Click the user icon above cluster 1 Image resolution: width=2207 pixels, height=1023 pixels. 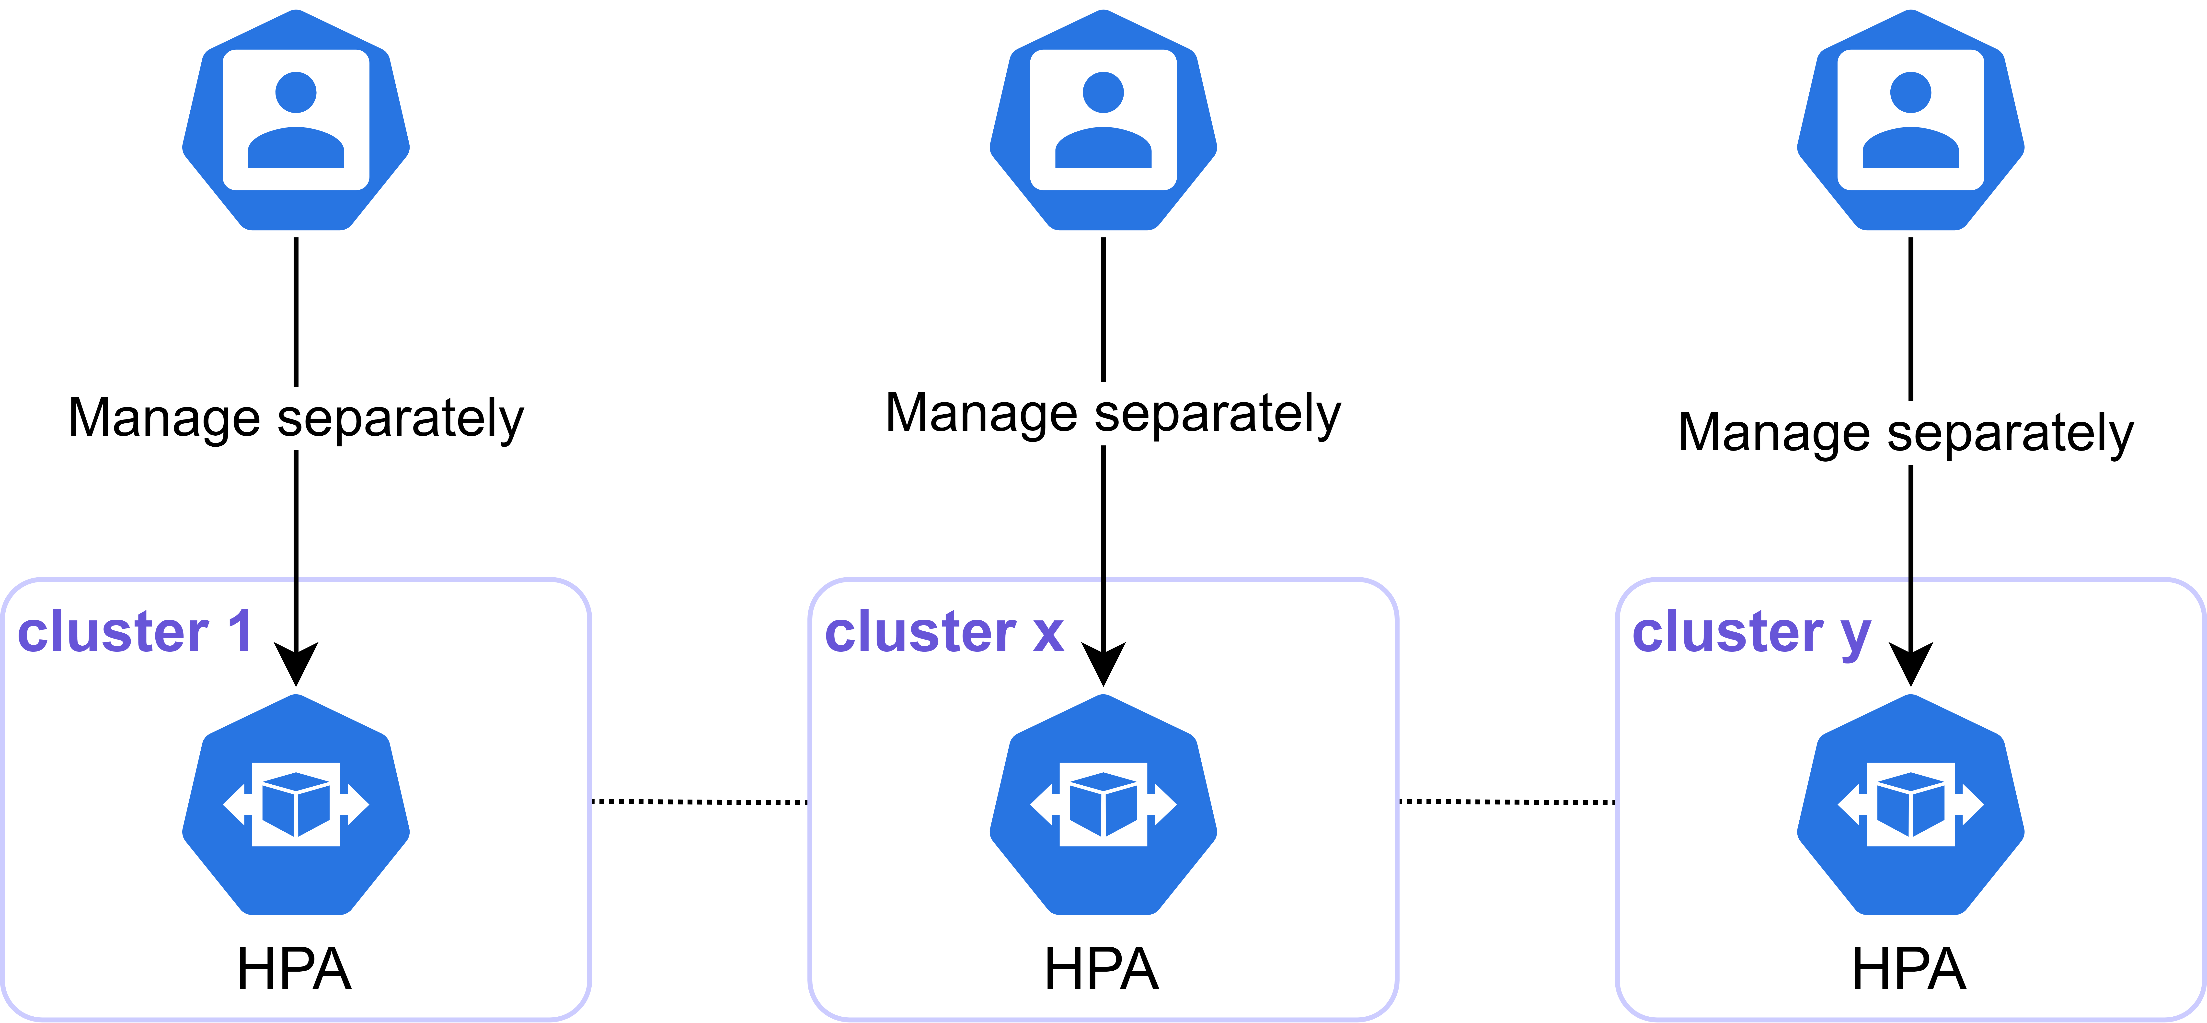tap(296, 120)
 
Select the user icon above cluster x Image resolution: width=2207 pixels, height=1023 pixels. tap(1103, 120)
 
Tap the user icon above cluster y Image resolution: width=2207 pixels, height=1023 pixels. tap(1910, 120)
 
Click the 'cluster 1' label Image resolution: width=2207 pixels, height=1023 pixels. tap(135, 632)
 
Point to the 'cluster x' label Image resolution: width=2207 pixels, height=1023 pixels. tap(944, 632)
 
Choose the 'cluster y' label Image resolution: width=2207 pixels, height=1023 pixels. tap(1751, 634)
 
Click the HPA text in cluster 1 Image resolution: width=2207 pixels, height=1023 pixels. tap(294, 969)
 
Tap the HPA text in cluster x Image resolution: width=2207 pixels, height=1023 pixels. tap(1102, 969)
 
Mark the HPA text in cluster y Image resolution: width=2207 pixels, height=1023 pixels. tap(1909, 969)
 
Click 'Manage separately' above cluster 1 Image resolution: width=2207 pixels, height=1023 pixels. tap(296, 419)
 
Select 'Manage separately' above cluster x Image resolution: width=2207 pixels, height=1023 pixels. tap(1113, 414)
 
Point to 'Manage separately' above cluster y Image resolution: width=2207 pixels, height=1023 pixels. tap(1905, 433)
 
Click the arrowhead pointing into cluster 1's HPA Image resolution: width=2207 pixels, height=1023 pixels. tap(296, 664)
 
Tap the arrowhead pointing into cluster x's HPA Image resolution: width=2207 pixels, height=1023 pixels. tap(1103, 664)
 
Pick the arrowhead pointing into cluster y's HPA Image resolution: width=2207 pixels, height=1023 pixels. tap(1910, 664)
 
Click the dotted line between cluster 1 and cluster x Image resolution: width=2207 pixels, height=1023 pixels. tap(700, 802)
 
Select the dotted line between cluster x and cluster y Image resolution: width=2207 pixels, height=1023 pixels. tap(1507, 802)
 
